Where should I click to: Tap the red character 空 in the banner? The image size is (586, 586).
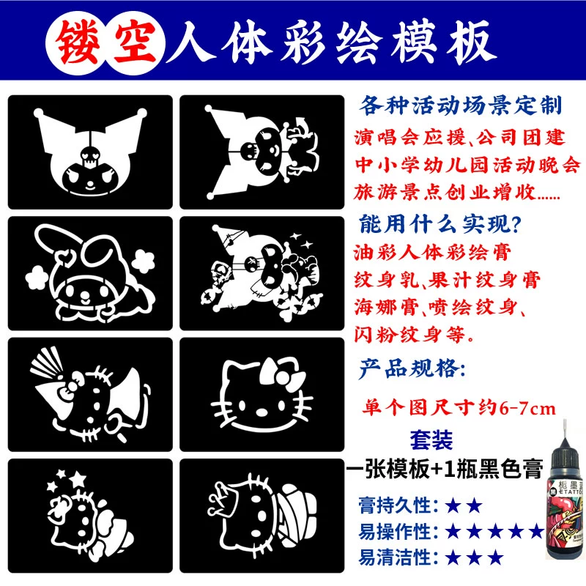136,42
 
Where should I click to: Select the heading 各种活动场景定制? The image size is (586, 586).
461,105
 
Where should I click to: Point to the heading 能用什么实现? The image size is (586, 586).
440,224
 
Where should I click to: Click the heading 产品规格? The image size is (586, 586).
412,368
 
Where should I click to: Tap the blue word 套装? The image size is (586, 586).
431,440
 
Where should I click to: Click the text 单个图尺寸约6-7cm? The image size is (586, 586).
459,407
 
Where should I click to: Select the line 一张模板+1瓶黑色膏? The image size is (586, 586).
445,468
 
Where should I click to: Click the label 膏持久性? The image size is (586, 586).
398,505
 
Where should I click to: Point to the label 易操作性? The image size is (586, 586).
398,532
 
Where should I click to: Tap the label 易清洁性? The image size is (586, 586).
398,557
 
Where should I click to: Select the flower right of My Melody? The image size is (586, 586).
143,262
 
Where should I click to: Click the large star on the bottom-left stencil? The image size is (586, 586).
78,479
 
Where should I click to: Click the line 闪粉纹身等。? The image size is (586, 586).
414,334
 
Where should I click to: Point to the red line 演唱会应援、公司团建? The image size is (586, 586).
459,137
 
